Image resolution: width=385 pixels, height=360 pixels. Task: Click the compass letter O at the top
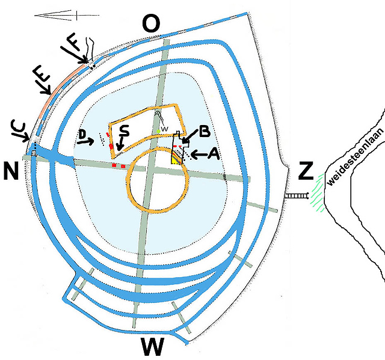(152, 25)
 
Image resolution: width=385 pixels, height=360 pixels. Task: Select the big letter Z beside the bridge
(306, 171)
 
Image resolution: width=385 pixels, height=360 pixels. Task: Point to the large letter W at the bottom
(153, 347)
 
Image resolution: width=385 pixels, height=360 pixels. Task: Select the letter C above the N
(18, 127)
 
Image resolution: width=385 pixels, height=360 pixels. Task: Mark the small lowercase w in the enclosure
(164, 128)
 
